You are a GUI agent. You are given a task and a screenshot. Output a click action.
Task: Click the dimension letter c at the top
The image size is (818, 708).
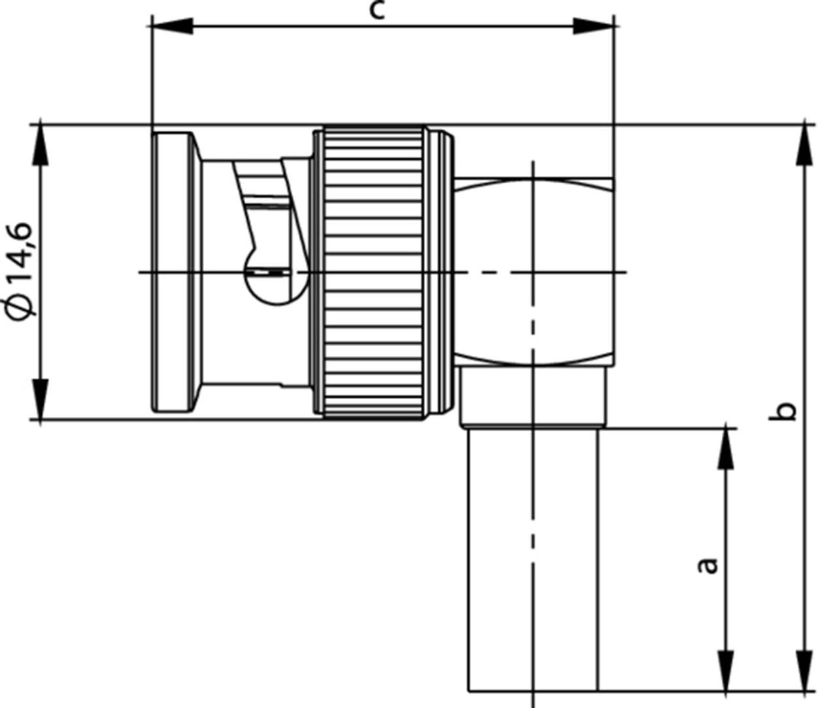point(377,10)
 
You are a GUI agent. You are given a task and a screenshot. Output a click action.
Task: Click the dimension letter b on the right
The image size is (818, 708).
point(789,411)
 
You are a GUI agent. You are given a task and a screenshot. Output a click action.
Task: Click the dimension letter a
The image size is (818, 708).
point(707,565)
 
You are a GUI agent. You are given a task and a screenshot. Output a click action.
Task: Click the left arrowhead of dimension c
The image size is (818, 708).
point(172,26)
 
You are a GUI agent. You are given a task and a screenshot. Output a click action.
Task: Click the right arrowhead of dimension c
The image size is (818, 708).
point(594,26)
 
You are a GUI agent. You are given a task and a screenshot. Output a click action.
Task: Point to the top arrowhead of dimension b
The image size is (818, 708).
point(804,144)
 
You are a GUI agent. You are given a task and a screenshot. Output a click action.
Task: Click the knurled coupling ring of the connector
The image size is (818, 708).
point(373,272)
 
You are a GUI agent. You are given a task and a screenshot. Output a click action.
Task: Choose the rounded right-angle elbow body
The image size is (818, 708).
point(533,272)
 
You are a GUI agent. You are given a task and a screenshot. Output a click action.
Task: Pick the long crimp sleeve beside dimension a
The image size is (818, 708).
point(533,559)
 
